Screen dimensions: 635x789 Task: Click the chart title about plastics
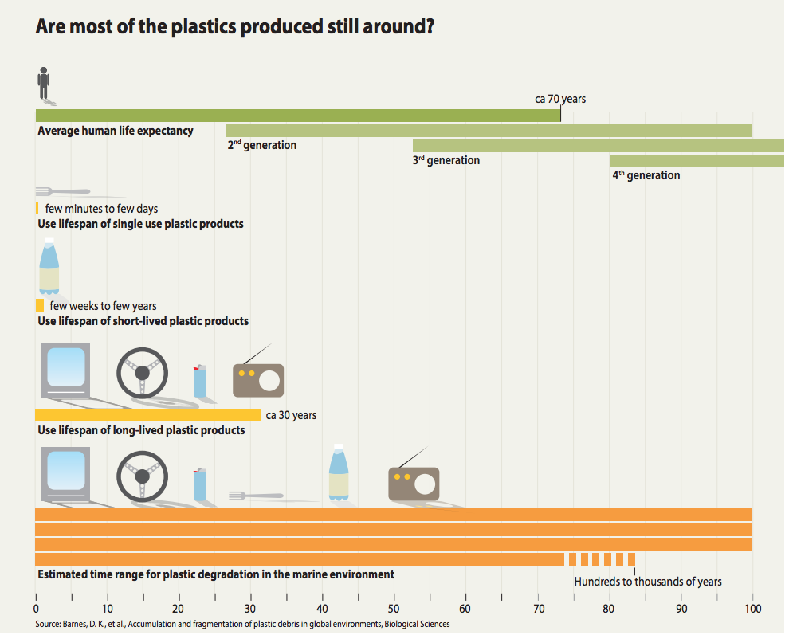tap(235, 25)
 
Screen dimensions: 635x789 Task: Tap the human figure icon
tap(44, 83)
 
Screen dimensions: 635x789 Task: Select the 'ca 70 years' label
tap(559, 99)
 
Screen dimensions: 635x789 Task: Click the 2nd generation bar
tap(489, 131)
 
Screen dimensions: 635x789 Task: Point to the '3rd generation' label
tap(446, 160)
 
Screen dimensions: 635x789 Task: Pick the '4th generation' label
tap(646, 175)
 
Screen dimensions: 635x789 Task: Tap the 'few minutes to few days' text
tap(101, 209)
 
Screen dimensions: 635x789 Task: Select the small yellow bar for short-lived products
tap(40, 305)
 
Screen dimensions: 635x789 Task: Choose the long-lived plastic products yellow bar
tap(148, 414)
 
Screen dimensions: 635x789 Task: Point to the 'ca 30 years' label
tap(291, 415)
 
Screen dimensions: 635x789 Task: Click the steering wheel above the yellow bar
tap(142, 372)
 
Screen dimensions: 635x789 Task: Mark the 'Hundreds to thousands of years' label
tap(648, 582)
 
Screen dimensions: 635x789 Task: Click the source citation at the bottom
tap(243, 625)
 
